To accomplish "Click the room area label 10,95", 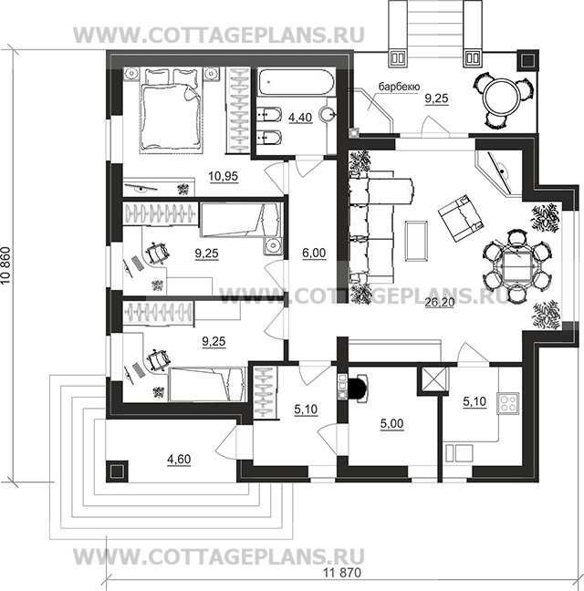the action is pyautogui.click(x=224, y=176).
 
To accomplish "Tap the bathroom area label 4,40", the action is pyautogui.click(x=300, y=118).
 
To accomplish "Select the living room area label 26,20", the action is pyautogui.click(x=439, y=302).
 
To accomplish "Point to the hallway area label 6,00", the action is pyautogui.click(x=314, y=253).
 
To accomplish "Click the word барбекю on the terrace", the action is pyautogui.click(x=399, y=87).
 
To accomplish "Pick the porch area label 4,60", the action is pyautogui.click(x=179, y=459).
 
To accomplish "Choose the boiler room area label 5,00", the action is pyautogui.click(x=391, y=423).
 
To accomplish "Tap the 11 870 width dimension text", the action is pyautogui.click(x=342, y=573).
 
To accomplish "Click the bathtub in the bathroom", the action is pyautogui.click(x=296, y=81).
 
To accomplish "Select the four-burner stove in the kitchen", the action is pyautogui.click(x=508, y=403).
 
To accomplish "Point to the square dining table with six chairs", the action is pyautogui.click(x=516, y=265).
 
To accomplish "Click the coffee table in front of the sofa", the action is pyautogui.click(x=416, y=241).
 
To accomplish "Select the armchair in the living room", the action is pyautogui.click(x=461, y=218).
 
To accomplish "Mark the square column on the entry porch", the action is pyautogui.click(x=117, y=472).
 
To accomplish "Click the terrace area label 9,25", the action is pyautogui.click(x=436, y=98).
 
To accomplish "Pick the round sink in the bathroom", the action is pyautogui.click(x=328, y=113).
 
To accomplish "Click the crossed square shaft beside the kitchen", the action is pyautogui.click(x=433, y=379).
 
